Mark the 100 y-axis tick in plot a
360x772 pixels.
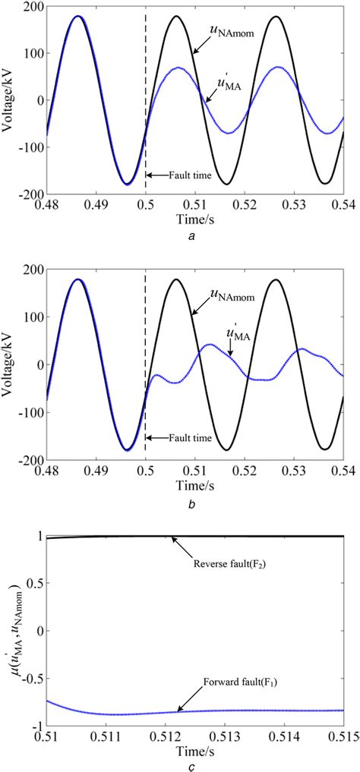click(33, 58)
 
